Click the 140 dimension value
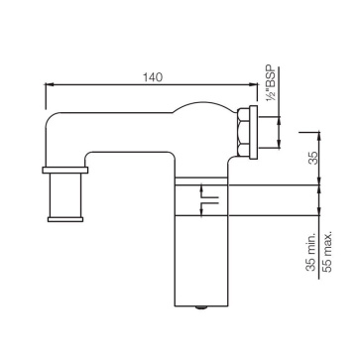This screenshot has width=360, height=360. coord(153,77)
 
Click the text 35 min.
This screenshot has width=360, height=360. coord(311,252)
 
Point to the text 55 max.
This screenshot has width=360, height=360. coord(326,252)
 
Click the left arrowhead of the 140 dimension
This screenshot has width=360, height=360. coord(49,84)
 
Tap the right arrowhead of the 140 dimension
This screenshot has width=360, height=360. coord(254,84)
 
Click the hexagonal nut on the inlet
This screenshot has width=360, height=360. coord(243,132)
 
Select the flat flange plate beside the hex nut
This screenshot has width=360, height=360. coord(253,132)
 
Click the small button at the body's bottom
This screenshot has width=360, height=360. coord(200,307)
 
